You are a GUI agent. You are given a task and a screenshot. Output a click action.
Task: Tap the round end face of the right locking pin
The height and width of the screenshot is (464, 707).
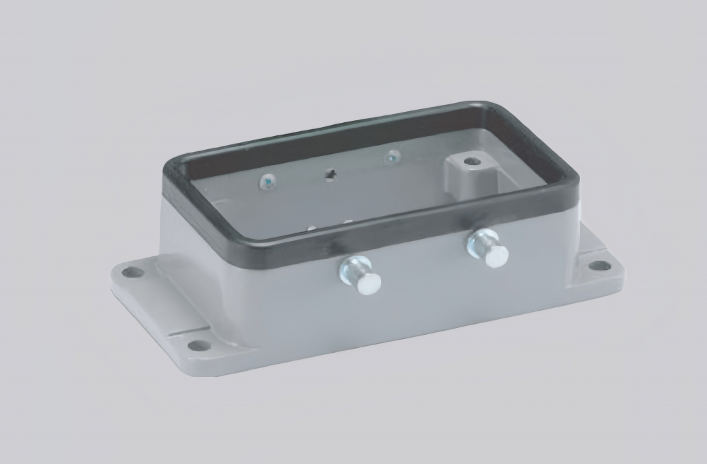(x=496, y=256)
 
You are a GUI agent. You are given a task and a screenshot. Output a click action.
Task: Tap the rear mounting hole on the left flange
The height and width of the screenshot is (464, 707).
(x=132, y=272)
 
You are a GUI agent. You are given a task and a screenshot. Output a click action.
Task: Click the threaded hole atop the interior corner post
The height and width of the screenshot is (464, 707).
(x=472, y=162)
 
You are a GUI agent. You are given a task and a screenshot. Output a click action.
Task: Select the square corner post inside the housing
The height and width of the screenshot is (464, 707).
(x=464, y=177)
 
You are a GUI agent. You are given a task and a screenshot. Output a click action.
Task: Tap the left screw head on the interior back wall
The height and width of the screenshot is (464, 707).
(x=267, y=182)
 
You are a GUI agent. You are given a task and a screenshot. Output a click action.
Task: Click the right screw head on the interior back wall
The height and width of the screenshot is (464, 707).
(x=392, y=158)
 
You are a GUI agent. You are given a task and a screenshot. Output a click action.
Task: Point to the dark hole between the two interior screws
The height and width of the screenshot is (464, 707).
(x=331, y=175)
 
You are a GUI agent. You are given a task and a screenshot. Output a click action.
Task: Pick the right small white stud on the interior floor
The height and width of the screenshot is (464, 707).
(x=347, y=222)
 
